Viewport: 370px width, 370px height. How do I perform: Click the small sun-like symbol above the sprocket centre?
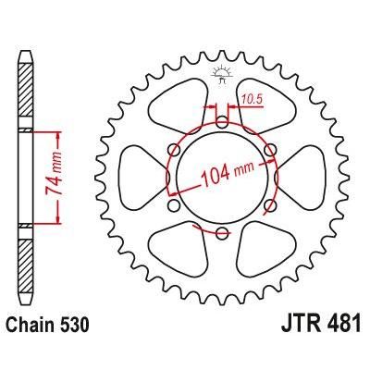click(223, 74)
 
